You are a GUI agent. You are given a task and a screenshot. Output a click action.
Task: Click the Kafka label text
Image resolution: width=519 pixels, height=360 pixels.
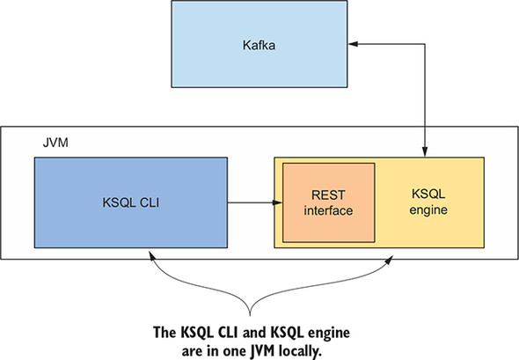point(259,45)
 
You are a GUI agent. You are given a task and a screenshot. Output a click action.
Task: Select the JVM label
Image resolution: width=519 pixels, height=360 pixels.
point(55,143)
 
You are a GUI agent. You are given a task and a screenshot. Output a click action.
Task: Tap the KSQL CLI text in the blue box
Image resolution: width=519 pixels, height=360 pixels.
point(131,202)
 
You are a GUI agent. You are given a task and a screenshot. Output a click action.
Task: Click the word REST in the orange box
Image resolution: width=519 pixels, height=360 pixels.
point(328,195)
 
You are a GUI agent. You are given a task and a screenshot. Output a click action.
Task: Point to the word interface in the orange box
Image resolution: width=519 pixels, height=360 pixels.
point(328,210)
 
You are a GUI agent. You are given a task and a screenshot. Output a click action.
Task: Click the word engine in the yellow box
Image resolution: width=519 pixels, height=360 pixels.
point(428,210)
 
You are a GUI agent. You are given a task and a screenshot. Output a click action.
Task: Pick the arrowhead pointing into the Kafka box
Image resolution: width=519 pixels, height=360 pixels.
point(353,44)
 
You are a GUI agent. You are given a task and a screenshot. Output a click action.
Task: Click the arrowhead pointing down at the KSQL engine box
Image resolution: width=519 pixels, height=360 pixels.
point(425,151)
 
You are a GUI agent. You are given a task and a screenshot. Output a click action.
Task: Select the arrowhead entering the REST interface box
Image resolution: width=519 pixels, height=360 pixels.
point(277,202)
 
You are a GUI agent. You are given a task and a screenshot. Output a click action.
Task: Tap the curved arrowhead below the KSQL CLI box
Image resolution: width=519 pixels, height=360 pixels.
point(152,255)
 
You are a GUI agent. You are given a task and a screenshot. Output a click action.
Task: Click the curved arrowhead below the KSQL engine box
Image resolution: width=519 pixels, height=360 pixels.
point(389,260)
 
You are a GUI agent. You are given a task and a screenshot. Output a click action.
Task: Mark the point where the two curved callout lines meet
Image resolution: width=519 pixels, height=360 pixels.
point(250,314)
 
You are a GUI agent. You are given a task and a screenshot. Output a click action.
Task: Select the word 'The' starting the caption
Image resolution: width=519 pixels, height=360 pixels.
point(164,332)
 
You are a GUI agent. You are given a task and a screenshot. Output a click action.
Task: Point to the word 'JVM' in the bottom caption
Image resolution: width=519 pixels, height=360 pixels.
point(262,351)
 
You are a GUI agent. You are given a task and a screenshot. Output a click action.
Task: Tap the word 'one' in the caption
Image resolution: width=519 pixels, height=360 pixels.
point(234,352)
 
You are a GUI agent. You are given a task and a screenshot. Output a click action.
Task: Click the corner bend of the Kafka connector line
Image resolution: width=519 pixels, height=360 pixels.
point(425,44)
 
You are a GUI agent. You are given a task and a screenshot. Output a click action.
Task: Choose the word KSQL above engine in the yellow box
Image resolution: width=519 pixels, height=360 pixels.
point(428,194)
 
